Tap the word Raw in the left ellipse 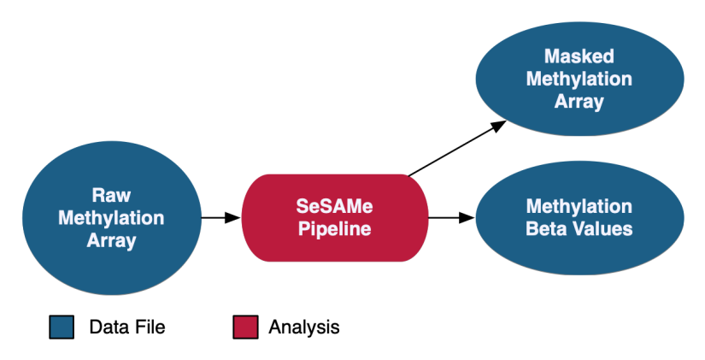point(111,195)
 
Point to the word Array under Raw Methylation point(111,241)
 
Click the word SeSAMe point(334,206)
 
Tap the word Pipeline point(334,229)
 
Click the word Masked point(579,57)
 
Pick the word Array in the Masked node point(579,103)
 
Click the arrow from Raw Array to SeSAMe point(220,218)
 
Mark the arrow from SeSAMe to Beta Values point(450,218)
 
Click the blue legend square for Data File point(62,327)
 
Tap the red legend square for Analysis point(246,327)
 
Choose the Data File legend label point(127,327)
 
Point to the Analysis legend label point(304,327)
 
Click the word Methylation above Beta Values point(579,206)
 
